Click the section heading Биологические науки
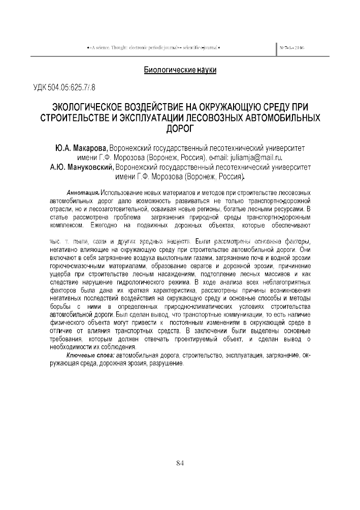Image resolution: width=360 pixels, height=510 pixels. (180, 70)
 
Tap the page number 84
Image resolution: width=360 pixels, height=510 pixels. (180, 462)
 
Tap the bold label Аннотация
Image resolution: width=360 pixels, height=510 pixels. (83, 194)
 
